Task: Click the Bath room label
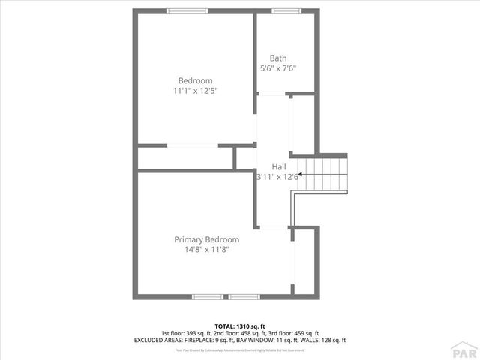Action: tap(278, 58)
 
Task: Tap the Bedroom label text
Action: tap(195, 80)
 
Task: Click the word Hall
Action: tap(278, 166)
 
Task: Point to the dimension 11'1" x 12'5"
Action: tap(195, 90)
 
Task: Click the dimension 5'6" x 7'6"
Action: tap(278, 68)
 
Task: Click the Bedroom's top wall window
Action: tap(187, 10)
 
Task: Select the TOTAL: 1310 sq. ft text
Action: tap(240, 326)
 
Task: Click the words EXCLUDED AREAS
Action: tap(157, 340)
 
